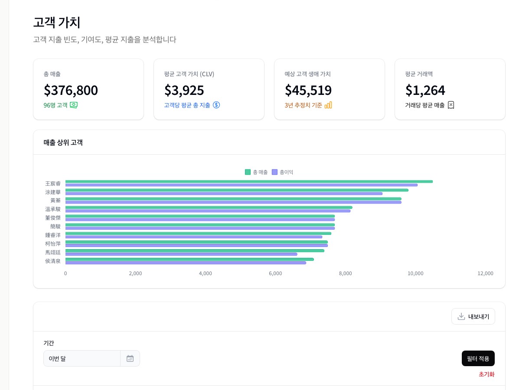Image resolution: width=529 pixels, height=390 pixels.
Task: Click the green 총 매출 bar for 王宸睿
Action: coord(249,182)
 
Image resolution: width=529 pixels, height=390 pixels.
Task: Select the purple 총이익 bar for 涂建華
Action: coord(224,194)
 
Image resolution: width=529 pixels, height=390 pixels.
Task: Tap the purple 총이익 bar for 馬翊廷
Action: coord(181,254)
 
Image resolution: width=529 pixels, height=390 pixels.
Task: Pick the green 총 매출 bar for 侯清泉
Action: coord(189,260)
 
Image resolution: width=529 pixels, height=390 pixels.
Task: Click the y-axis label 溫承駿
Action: coord(53,209)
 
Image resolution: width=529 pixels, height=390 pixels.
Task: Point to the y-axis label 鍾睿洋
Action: coord(53,235)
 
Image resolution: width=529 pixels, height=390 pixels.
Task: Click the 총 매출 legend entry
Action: coord(256,172)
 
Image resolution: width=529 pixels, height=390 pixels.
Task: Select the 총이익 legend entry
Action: coord(283,172)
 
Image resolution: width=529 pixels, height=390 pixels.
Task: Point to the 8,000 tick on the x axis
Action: coord(346,273)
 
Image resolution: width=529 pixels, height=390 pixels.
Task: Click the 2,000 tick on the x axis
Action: coord(135,273)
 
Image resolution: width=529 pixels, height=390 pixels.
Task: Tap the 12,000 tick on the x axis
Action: coord(485,273)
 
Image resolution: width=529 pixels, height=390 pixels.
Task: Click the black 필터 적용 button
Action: coord(478,358)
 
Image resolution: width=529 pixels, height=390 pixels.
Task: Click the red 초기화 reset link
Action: coord(486,374)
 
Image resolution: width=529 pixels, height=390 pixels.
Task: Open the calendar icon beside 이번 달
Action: coord(130,358)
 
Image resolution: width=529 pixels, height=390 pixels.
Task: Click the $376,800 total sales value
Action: coord(71,90)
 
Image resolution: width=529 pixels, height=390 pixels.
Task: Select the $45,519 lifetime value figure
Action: coord(308,90)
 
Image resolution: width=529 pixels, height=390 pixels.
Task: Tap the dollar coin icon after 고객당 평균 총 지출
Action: coord(216,105)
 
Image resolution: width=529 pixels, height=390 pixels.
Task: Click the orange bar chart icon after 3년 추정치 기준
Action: coord(328,105)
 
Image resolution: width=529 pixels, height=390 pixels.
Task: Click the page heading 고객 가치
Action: coord(57,22)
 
